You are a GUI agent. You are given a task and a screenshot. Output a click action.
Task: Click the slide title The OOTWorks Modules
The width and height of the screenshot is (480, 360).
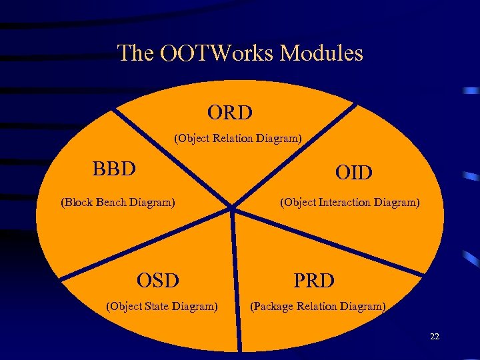[x=240, y=53]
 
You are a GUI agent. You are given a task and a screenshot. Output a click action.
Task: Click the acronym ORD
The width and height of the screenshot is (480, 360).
[x=230, y=113]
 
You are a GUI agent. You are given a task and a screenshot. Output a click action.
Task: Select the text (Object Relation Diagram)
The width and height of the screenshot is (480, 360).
[x=238, y=139]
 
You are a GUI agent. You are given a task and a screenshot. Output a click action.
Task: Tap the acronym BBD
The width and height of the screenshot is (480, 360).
[x=114, y=168]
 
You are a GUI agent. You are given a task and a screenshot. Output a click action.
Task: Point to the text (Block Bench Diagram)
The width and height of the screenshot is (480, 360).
[x=118, y=202]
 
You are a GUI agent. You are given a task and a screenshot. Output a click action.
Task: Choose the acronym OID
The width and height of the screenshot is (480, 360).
[x=353, y=173]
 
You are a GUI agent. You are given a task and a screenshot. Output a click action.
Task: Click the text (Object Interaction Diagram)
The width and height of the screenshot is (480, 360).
[x=350, y=202]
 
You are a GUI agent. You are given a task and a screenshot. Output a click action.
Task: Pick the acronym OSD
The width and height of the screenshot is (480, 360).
[x=158, y=281]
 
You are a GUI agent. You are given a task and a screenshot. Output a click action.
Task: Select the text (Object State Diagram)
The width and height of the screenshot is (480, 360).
[x=162, y=307]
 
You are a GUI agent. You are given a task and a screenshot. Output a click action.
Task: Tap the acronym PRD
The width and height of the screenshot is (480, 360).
[x=314, y=281]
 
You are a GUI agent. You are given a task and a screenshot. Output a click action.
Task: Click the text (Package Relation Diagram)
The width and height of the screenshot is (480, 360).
[x=317, y=307]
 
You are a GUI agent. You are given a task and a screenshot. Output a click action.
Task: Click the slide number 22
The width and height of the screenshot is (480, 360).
[x=435, y=337]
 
